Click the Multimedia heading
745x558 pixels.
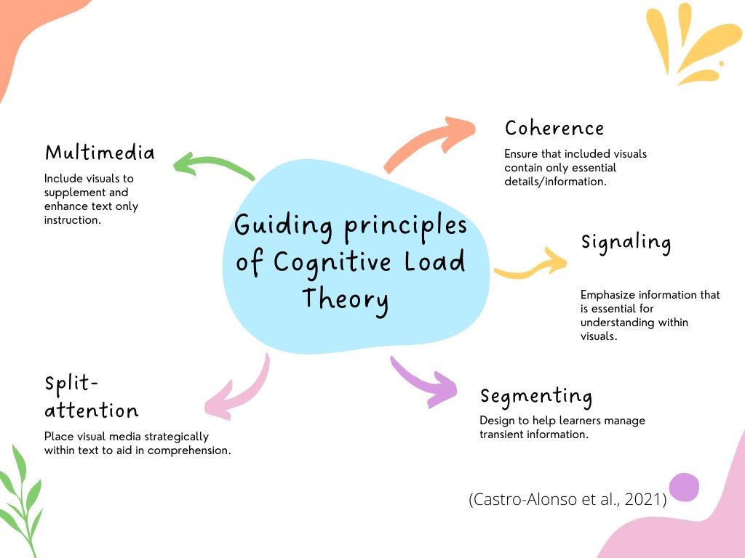coord(100,153)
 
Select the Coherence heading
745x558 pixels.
coord(554,129)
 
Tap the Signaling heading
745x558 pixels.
coord(626,242)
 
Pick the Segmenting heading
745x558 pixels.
coord(536,397)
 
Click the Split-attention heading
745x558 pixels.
coord(91,397)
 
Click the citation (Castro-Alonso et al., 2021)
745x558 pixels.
coord(567,499)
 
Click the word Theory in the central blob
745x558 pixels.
coord(345,299)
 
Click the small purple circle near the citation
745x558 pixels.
coord(684,487)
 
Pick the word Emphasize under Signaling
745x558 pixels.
coord(607,295)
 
